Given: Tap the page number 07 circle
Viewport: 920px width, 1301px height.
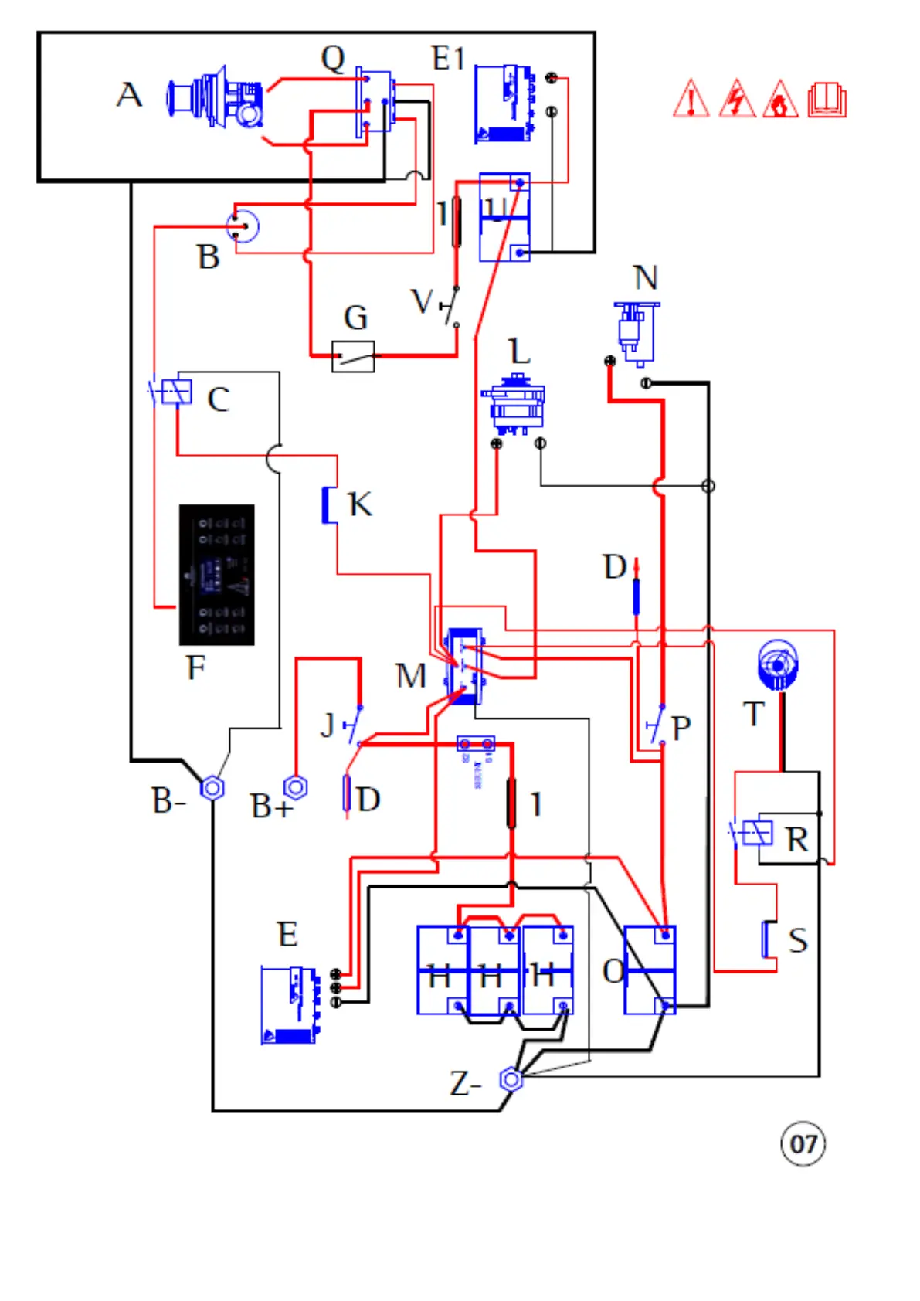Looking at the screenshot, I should (x=803, y=1143).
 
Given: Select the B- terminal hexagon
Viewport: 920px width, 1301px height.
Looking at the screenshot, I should (x=212, y=788).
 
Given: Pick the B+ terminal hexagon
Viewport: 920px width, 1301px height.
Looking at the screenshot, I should (x=295, y=787).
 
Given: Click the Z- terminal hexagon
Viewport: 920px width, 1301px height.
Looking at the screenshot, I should (x=511, y=1079).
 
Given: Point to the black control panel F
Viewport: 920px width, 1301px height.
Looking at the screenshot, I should (x=216, y=574).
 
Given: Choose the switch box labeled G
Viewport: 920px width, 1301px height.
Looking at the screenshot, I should (x=353, y=356).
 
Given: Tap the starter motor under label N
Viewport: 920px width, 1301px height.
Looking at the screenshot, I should (x=637, y=333).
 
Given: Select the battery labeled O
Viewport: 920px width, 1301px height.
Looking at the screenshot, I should (x=649, y=970).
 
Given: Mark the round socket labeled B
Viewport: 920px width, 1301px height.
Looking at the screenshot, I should (x=243, y=226).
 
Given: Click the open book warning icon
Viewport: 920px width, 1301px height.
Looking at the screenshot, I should (x=827, y=100).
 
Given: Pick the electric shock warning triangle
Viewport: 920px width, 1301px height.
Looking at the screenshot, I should (x=737, y=100).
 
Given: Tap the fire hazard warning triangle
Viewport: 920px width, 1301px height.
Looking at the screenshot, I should (x=780, y=100).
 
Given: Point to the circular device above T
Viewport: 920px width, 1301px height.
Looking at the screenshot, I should (x=777, y=664).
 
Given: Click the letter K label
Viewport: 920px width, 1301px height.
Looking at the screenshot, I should (x=359, y=504).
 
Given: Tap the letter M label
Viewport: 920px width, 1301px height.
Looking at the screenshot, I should (x=410, y=676).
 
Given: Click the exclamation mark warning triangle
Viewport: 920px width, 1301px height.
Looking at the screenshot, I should (x=691, y=100).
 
